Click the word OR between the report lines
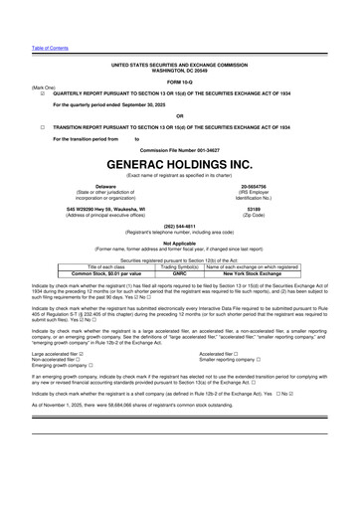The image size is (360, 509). point(179,114)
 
